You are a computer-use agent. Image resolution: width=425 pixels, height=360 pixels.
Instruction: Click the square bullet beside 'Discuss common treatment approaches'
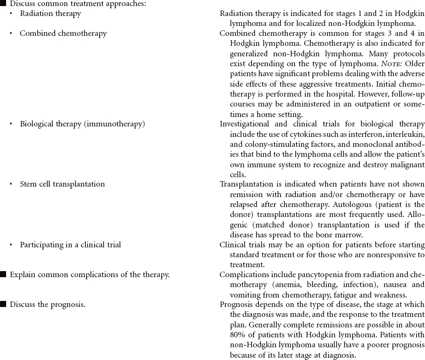point(3,3)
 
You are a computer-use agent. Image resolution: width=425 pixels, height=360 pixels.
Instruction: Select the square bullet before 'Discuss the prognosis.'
point(3,304)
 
